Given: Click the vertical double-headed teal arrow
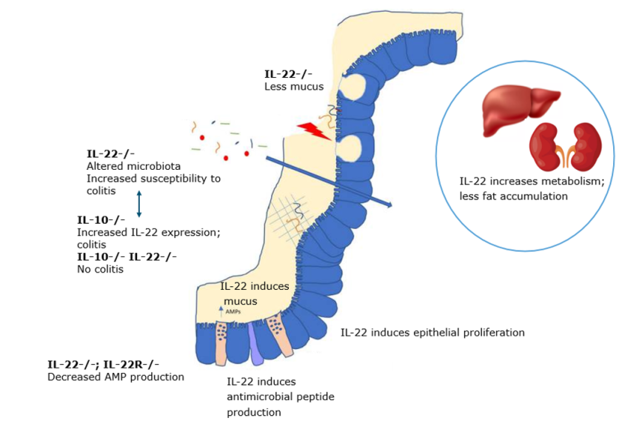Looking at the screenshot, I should pyautogui.click(x=138, y=203).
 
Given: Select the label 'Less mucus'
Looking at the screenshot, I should pyautogui.click(x=294, y=86).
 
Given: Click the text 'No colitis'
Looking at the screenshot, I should pyautogui.click(x=100, y=270).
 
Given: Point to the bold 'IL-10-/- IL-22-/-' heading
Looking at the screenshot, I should pyautogui.click(x=127, y=256).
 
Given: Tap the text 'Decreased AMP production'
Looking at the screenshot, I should pyautogui.click(x=116, y=377).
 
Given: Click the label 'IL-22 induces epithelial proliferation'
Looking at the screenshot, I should pyautogui.click(x=432, y=332).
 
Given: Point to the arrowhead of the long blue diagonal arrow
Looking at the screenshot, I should pyautogui.click(x=388, y=204).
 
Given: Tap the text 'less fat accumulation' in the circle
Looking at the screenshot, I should pyautogui.click(x=513, y=196).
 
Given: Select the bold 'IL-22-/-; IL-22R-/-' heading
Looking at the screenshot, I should pyautogui.click(x=103, y=364).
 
